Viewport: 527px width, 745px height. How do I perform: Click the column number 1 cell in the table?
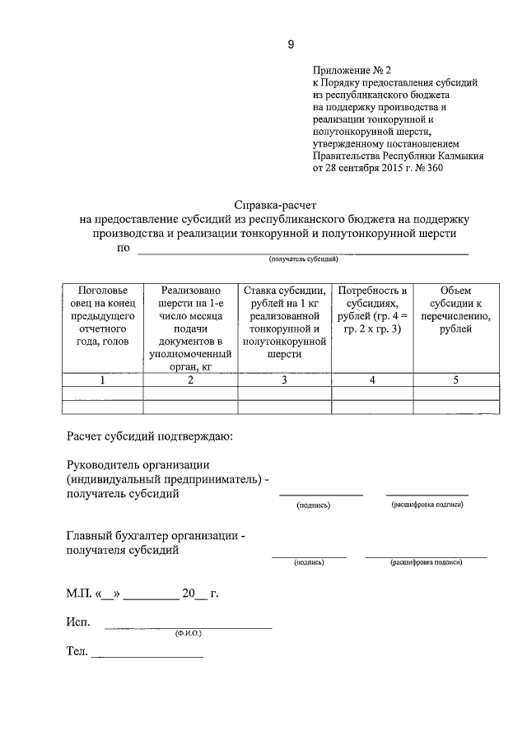click(103, 379)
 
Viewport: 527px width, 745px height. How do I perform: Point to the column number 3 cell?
click(284, 379)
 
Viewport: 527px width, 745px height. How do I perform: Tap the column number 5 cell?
click(455, 379)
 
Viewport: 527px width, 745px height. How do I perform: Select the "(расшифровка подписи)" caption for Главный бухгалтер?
click(426, 562)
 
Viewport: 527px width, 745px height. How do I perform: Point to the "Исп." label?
click(77, 622)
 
